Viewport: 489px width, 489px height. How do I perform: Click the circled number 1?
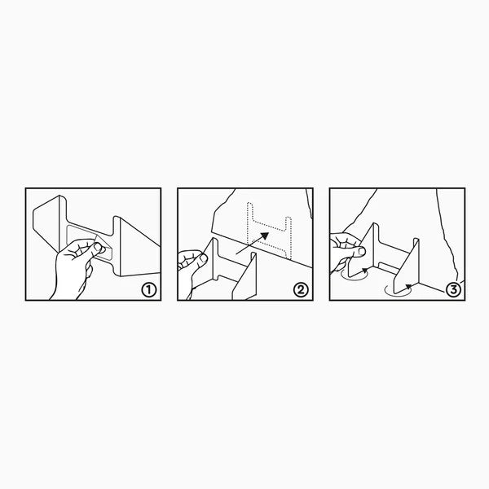click(x=149, y=290)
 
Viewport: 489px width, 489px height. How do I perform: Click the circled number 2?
click(x=301, y=290)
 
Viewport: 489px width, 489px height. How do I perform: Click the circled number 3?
click(x=453, y=290)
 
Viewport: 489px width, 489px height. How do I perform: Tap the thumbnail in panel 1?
click(x=98, y=247)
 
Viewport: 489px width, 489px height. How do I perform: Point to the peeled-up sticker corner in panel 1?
click(x=100, y=242)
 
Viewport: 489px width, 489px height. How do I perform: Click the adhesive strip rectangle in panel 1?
click(x=90, y=242)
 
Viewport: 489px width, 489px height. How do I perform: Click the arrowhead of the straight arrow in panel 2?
click(x=264, y=236)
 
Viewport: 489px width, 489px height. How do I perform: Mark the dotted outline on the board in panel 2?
click(x=270, y=231)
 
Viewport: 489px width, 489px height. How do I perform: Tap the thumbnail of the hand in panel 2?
click(x=203, y=258)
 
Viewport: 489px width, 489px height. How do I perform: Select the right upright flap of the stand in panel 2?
click(x=244, y=275)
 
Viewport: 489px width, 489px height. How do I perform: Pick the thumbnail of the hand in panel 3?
click(x=362, y=251)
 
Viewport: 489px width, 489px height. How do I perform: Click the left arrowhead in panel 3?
click(x=365, y=270)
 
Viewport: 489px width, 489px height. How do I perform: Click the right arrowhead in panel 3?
click(x=408, y=286)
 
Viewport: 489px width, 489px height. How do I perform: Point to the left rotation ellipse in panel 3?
click(x=355, y=275)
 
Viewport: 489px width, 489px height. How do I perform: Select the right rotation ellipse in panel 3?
click(x=398, y=291)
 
